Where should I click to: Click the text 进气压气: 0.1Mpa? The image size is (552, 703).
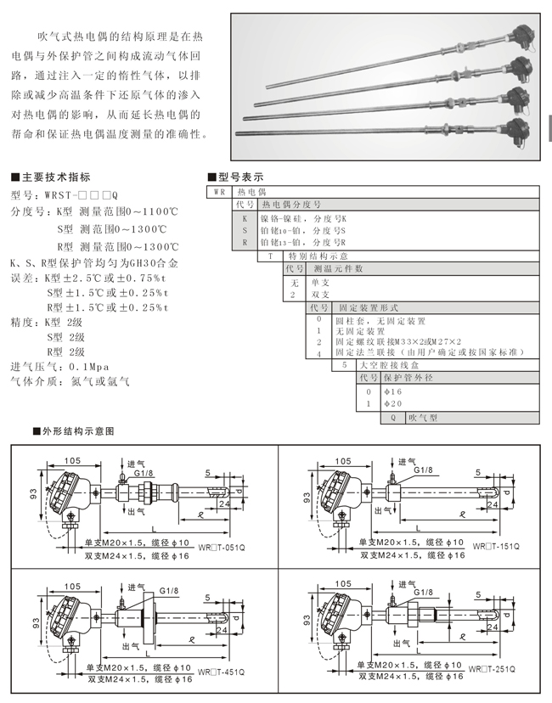click(68, 366)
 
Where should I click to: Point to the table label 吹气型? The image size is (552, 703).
click(422, 418)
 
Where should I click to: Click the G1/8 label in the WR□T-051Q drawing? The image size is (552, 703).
click(144, 472)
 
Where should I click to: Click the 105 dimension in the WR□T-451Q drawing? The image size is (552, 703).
click(71, 586)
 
